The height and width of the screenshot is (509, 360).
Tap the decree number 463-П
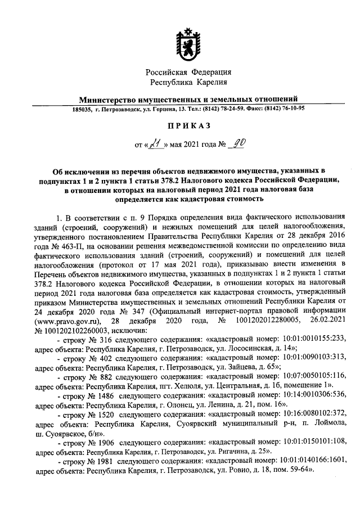click(75, 248)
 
